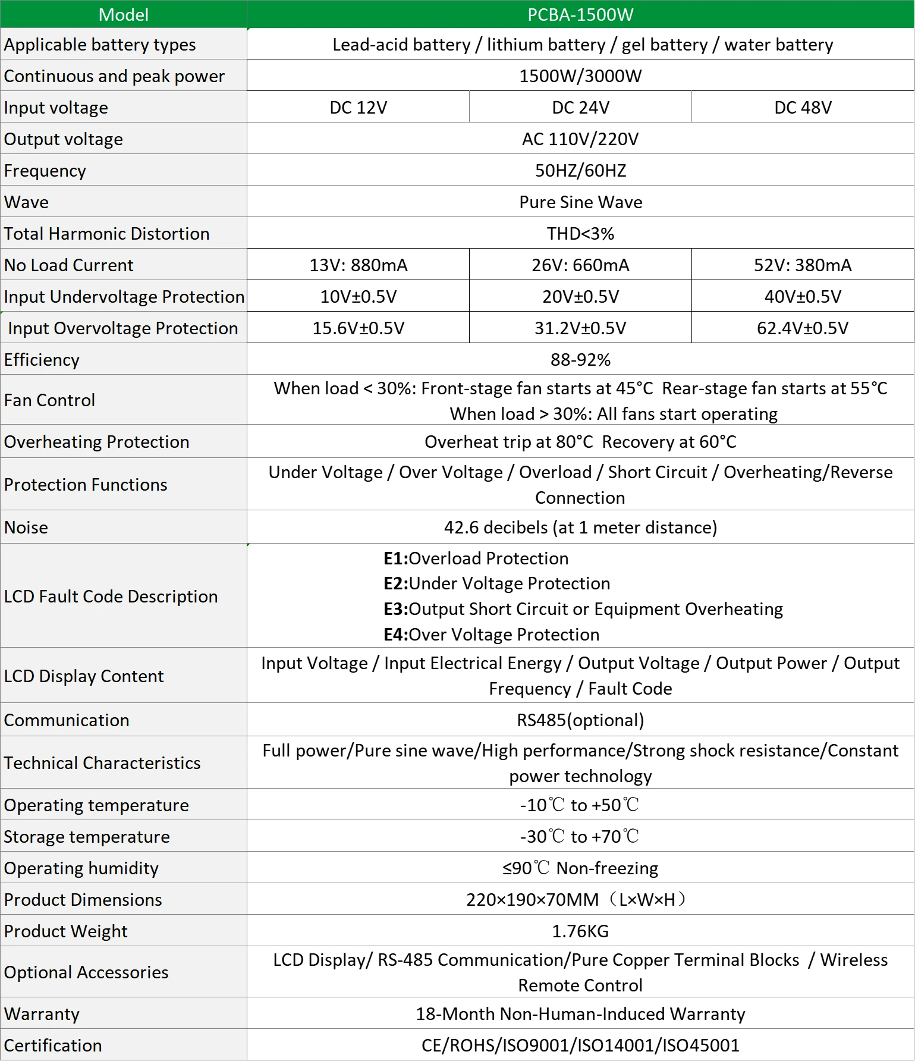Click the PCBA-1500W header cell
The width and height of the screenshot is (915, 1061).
580,14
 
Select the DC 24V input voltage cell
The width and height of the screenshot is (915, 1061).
580,107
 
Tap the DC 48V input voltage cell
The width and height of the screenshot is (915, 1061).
803,107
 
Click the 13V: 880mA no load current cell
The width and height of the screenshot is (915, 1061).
358,265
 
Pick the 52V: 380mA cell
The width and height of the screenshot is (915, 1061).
803,265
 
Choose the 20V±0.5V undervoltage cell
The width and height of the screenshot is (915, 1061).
580,296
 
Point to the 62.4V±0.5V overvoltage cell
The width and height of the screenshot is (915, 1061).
803,328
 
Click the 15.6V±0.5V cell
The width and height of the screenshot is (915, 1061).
358,328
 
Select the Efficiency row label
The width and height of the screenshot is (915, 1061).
42,359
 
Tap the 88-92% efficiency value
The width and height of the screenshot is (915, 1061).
580,359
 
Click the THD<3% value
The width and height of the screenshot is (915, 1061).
580,233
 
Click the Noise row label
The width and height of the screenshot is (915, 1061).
26,527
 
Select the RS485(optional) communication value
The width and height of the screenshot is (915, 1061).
580,720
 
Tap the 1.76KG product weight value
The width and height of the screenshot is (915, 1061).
580,931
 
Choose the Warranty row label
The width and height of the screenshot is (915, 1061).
42,1013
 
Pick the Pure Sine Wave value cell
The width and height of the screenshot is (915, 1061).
580,202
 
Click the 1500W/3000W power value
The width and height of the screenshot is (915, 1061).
580,76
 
